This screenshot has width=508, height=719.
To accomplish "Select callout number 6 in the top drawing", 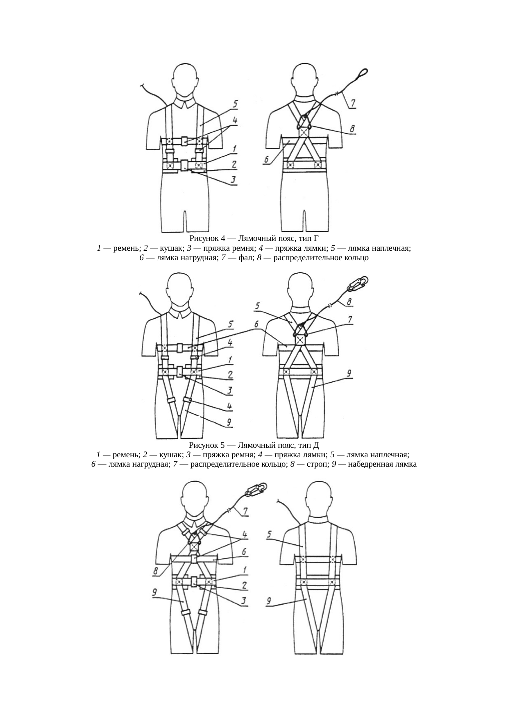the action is (266, 160).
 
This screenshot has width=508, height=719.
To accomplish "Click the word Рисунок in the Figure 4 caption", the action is (204, 238).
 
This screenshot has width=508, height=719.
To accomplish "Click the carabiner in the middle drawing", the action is (358, 283).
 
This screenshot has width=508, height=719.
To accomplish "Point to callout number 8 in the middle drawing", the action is (349, 302).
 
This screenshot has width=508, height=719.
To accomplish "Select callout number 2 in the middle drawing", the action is (231, 374).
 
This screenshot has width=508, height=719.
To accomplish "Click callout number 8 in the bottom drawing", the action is (156, 571).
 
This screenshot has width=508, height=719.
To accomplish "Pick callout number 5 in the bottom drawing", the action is (269, 534).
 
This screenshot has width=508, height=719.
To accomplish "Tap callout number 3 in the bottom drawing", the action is (244, 601).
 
